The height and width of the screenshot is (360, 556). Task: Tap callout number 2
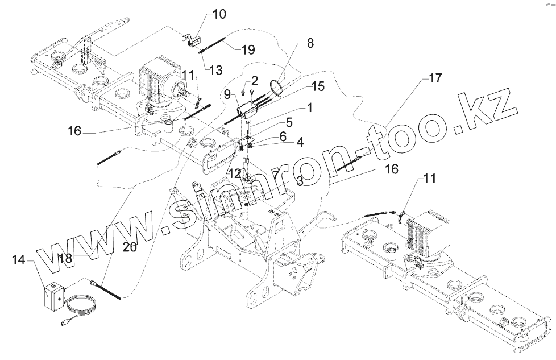pyautogui.click(x=255, y=80)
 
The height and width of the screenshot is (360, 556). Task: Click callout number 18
pyautogui.click(x=65, y=257)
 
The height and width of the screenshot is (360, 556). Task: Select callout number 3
pyautogui.click(x=298, y=182)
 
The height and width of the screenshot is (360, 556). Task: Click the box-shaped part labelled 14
pyautogui.click(x=53, y=296)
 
